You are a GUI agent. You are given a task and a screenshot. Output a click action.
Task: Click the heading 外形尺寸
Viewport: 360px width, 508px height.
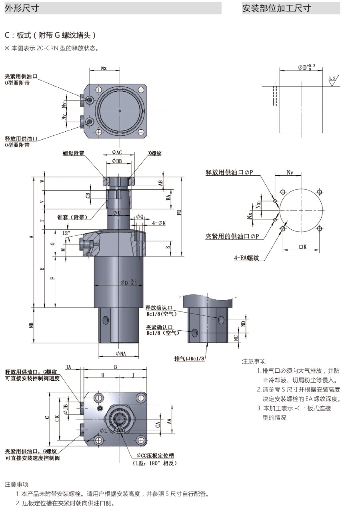coord(22,8)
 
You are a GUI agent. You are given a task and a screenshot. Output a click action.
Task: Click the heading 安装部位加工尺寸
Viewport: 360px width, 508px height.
coord(276,8)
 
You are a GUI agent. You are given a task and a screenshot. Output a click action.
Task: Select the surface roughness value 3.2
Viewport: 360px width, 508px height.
coord(332,78)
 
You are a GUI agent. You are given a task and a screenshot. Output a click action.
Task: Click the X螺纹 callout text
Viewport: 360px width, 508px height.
coord(154,153)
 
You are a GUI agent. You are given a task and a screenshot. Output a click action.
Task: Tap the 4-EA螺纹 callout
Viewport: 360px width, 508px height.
coord(246,258)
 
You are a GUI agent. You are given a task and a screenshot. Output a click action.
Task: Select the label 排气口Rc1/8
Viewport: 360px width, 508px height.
coord(190,358)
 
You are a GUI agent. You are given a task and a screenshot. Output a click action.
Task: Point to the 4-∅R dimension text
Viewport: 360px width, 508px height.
coord(158,223)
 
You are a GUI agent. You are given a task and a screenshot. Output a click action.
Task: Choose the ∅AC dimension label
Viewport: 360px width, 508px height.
coord(116,153)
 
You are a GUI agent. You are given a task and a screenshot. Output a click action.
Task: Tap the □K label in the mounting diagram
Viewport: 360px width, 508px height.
coord(302,247)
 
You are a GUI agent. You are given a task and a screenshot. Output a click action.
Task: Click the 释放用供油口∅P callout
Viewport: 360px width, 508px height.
coord(229,173)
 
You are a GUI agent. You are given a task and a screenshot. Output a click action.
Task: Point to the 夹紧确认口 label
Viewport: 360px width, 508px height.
coord(159,327)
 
